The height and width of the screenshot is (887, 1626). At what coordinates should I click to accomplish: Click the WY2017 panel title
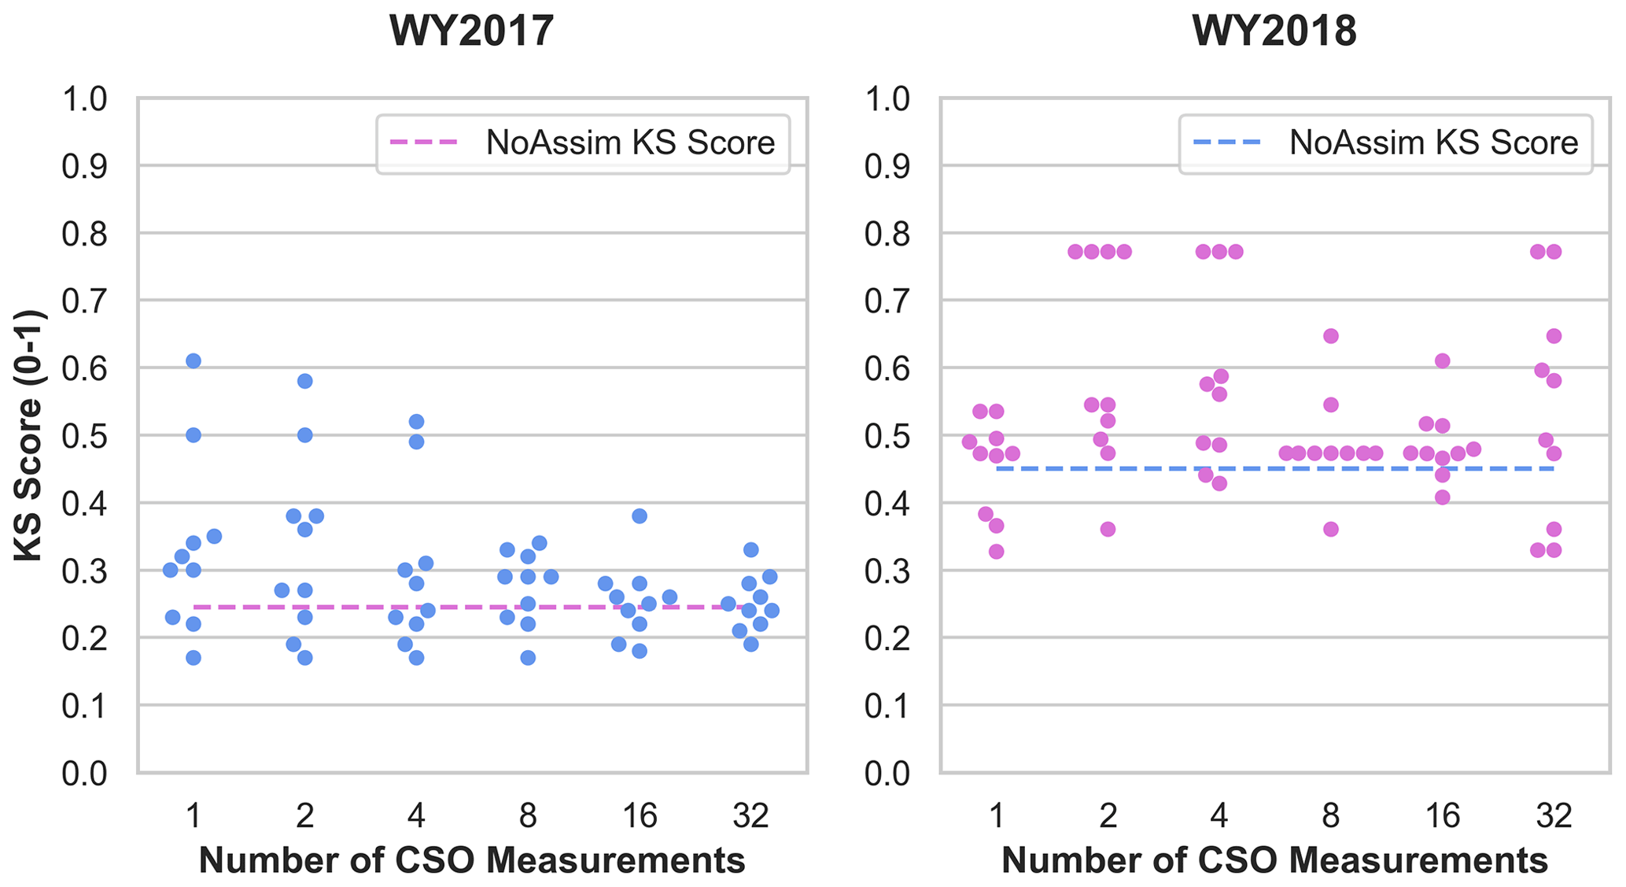click(472, 32)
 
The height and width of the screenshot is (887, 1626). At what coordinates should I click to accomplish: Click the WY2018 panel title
click(1274, 32)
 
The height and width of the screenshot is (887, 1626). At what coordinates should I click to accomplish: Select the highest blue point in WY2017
click(194, 361)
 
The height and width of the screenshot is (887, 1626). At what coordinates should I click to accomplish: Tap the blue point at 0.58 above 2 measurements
click(305, 381)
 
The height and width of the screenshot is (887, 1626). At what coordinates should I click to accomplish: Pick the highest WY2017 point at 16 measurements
click(640, 516)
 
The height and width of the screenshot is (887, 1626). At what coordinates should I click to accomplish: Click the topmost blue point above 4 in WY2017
click(417, 422)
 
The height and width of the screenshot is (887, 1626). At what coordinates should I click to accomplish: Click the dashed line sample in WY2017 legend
click(423, 142)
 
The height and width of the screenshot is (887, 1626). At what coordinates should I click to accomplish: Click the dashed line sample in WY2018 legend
click(1226, 142)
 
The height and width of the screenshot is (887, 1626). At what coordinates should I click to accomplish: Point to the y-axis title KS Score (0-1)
click(30, 435)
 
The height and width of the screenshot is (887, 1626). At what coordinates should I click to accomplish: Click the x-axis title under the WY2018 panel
click(1274, 860)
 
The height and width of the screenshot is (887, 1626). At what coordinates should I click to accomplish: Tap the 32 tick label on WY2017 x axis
click(751, 816)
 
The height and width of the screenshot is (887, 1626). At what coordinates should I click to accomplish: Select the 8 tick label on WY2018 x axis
click(1330, 816)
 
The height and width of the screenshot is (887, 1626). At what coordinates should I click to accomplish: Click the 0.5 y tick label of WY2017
click(84, 436)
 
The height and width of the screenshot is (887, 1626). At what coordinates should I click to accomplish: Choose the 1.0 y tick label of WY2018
click(887, 100)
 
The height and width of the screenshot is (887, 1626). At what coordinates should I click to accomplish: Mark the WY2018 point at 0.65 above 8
click(1331, 336)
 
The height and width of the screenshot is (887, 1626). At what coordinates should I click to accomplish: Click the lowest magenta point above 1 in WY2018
click(997, 552)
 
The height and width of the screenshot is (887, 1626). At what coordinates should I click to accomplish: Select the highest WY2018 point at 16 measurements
click(1443, 361)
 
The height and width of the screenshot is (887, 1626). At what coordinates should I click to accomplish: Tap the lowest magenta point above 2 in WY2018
click(1108, 529)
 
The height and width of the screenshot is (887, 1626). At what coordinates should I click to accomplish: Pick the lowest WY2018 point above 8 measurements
click(1331, 529)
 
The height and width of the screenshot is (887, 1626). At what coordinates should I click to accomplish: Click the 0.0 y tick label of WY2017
click(84, 774)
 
